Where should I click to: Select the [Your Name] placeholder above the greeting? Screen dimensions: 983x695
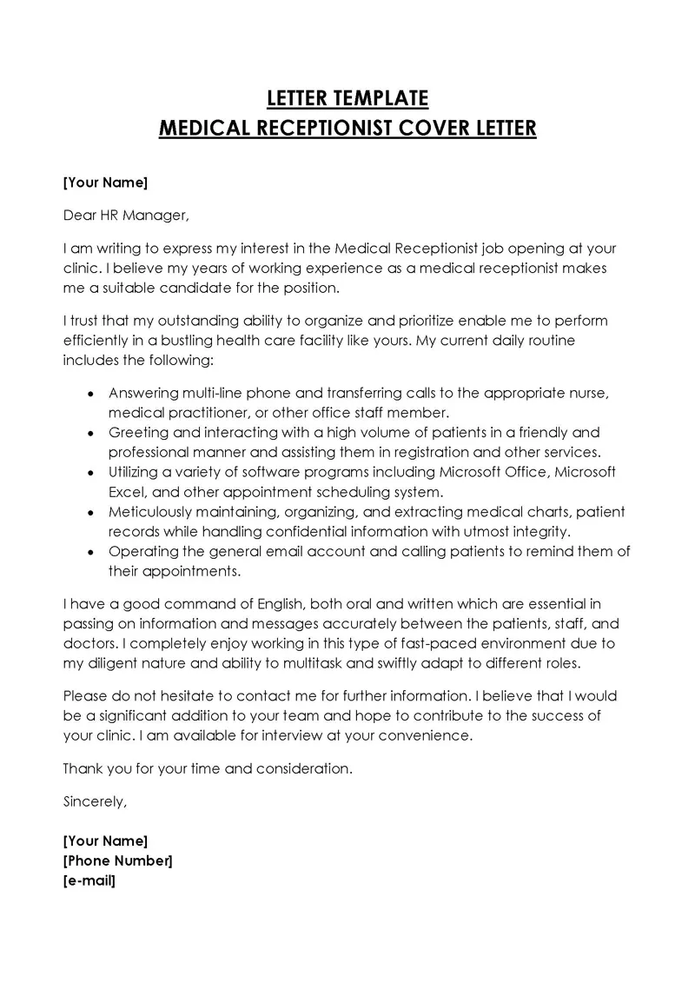pyautogui.click(x=105, y=183)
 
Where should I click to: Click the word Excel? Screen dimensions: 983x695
pyautogui.click(x=127, y=492)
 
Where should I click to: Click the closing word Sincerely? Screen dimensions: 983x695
pyautogui.click(x=95, y=801)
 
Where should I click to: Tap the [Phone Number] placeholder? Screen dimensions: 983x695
pyautogui.click(x=117, y=860)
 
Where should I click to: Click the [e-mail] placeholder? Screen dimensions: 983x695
pyautogui.click(x=89, y=880)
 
